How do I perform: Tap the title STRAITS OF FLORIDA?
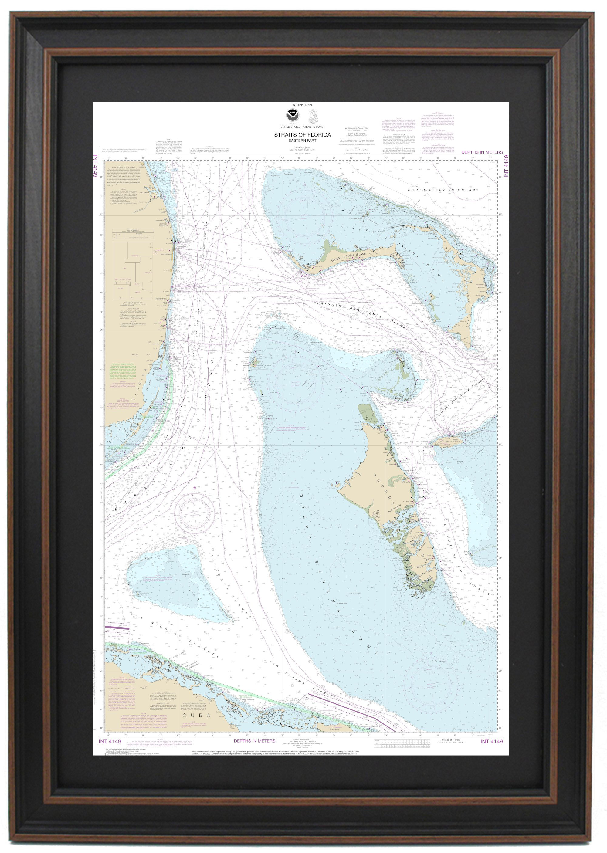click(x=302, y=135)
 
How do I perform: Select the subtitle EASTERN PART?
click(x=302, y=141)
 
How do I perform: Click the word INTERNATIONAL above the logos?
click(x=302, y=105)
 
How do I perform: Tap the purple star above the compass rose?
click(x=195, y=488)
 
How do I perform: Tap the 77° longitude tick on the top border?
click(x=489, y=158)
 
